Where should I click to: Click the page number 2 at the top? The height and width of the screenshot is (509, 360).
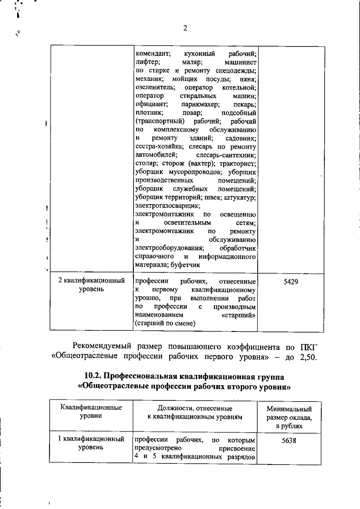pos(185,28)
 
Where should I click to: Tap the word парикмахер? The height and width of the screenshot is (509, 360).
pos(200,104)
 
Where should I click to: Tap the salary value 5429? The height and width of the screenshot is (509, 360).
pos(291,282)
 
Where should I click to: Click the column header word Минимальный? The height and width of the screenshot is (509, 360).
pos(289,409)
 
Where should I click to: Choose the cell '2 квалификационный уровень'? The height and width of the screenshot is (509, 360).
pos(91,285)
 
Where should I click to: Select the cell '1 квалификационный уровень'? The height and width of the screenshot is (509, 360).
pos(91,443)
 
